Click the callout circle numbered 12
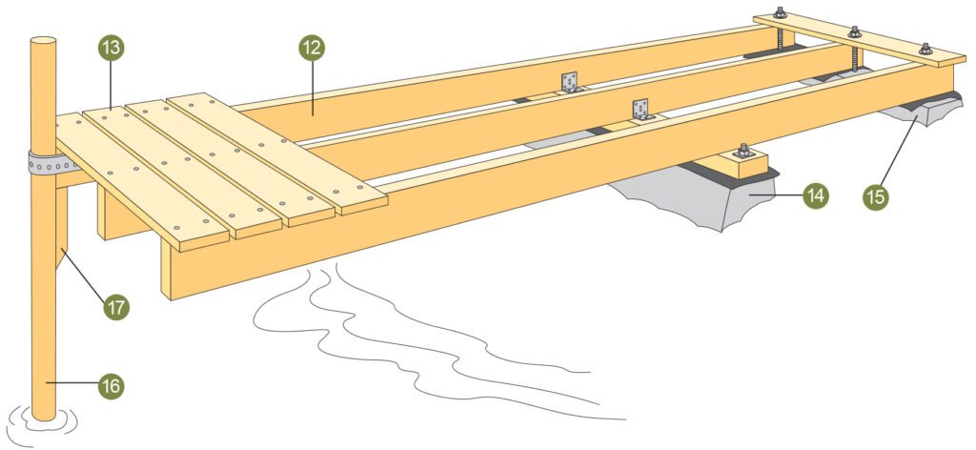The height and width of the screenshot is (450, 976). click(x=312, y=48)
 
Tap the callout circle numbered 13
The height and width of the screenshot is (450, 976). click(x=112, y=48)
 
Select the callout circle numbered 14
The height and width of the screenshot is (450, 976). click(x=816, y=195)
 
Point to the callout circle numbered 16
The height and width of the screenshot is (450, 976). click(x=112, y=386)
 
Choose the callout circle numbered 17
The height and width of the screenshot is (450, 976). click(x=116, y=307)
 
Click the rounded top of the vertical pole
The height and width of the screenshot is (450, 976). click(x=44, y=40)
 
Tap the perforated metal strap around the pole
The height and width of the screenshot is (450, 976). click(x=52, y=163)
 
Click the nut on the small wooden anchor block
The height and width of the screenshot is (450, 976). click(x=742, y=150)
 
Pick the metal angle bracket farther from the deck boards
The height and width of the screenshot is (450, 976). click(x=570, y=82)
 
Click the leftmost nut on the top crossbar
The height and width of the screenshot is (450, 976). click(x=780, y=11)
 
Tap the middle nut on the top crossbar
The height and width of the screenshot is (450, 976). click(x=855, y=31)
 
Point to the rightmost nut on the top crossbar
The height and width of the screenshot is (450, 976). click(x=925, y=49)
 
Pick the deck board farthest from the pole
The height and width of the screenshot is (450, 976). click(x=277, y=153)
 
